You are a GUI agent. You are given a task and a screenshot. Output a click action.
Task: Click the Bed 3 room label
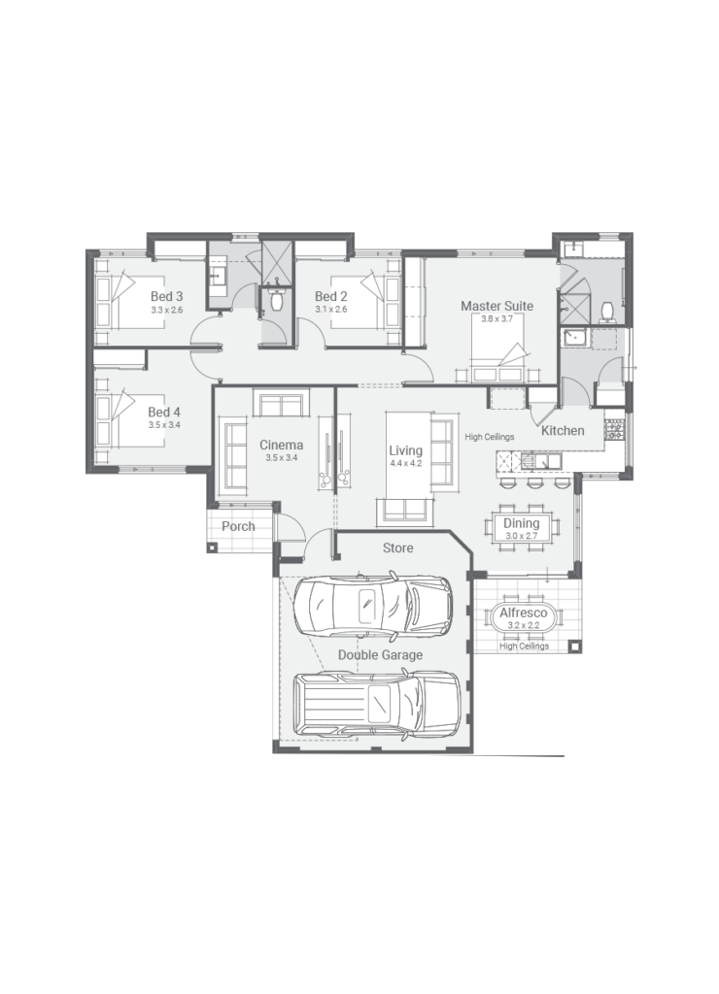pos(166,296)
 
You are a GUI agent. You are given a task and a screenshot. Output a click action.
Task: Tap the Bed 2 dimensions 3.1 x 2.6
pos(330,310)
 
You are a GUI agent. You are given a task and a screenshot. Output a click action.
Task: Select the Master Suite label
pos(496,306)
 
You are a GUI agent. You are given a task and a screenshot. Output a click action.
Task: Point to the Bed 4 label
pos(164,412)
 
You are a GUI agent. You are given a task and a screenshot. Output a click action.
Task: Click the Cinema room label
pos(281,446)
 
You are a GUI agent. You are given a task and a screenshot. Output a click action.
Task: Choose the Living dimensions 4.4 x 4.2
pos(405,464)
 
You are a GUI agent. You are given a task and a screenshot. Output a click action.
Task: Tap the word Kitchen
pos(563,430)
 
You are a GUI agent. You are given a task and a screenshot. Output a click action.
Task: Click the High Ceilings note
pos(489,437)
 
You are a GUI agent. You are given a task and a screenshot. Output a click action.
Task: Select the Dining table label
pos(521,524)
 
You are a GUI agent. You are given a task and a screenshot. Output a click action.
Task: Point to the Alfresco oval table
pos(524,616)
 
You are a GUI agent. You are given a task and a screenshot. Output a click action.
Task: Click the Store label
pos(397,548)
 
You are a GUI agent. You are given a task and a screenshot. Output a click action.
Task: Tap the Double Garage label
pos(380,655)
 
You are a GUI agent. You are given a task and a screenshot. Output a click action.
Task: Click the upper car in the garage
pos(374,606)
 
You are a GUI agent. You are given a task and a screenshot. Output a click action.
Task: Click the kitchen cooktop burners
pos(613,428)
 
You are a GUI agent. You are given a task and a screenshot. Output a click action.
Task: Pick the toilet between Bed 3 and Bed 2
pos(276,301)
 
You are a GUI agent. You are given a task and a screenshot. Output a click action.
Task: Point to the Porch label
pos(237,527)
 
